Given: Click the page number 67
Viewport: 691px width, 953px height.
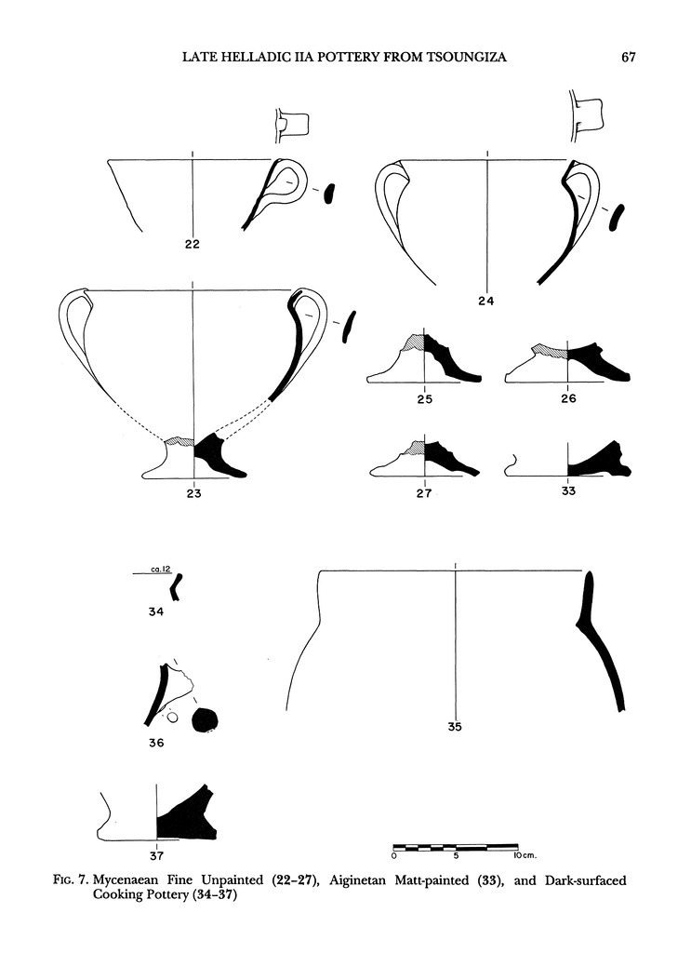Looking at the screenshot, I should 628,58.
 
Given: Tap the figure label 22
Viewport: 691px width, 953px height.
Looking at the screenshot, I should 193,246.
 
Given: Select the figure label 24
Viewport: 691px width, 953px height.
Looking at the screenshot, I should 485,301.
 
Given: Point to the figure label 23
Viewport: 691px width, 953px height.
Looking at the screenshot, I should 193,494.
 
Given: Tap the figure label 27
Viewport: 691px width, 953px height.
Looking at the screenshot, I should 424,494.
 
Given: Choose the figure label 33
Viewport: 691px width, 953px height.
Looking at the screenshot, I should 568,494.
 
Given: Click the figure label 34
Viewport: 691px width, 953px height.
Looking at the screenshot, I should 156,611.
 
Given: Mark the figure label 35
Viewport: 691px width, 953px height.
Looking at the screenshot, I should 454,728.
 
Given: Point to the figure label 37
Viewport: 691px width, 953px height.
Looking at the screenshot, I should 156,854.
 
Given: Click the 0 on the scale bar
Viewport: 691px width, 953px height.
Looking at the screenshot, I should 394,853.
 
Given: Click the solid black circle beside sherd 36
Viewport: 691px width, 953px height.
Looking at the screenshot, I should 204,718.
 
